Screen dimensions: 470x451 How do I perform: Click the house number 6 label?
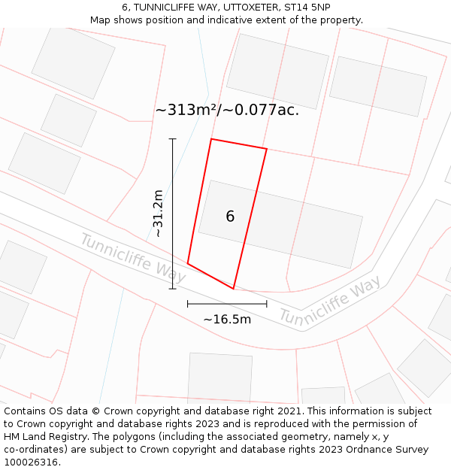click(x=230, y=217)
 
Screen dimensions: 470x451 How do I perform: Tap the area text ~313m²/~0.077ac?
click(x=227, y=110)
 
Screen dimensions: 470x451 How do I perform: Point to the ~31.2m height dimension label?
click(x=158, y=214)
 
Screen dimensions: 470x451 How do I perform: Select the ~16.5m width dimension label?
click(x=227, y=319)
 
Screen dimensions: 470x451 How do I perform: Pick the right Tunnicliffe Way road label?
click(x=330, y=300)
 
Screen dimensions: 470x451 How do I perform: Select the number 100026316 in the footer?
click(x=31, y=462)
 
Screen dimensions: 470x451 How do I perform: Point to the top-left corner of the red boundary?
click(x=211, y=139)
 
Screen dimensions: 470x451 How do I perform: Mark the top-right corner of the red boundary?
click(x=267, y=149)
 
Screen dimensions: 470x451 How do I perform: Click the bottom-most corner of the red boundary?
click(x=234, y=289)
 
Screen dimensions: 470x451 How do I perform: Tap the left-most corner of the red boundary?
click(x=188, y=263)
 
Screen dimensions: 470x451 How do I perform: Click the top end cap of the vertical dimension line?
click(x=173, y=139)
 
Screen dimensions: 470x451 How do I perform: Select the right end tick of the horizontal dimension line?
click(x=267, y=304)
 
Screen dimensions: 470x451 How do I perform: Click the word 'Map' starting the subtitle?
click(x=101, y=20)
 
